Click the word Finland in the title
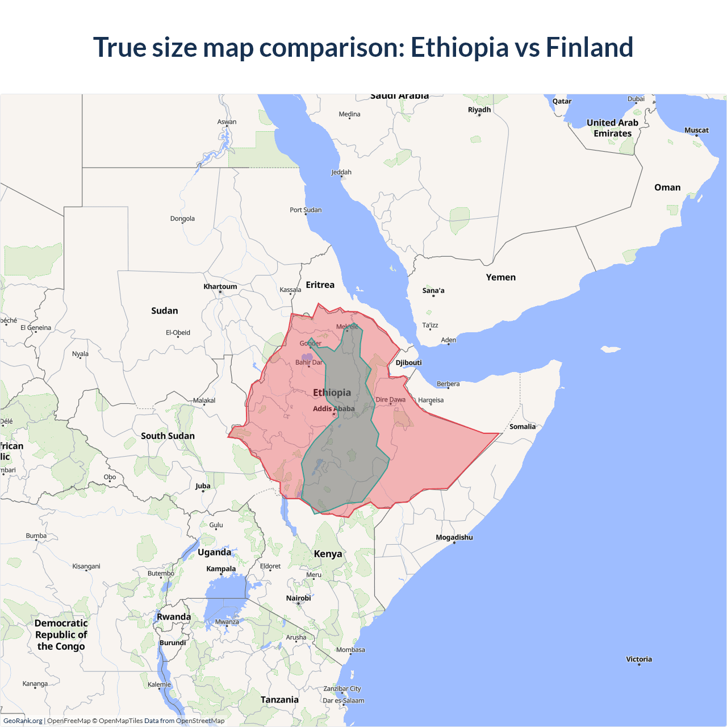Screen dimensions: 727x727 pyautogui.click(x=589, y=47)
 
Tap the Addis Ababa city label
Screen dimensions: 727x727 pyautogui.click(x=333, y=408)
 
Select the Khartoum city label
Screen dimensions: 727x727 pyautogui.click(x=220, y=286)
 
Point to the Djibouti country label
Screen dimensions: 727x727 pyautogui.click(x=408, y=362)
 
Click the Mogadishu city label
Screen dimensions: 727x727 pyautogui.click(x=454, y=537)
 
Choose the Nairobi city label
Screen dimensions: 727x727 pyautogui.click(x=298, y=598)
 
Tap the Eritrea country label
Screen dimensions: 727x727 pyautogui.click(x=320, y=285)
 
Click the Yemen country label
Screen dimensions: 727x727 pyautogui.click(x=500, y=277)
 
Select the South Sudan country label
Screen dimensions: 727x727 pyautogui.click(x=168, y=436)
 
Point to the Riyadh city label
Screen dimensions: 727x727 pyautogui.click(x=479, y=110)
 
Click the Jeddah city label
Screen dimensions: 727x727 pyautogui.click(x=341, y=172)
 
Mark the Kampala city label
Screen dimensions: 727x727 pyautogui.click(x=221, y=569)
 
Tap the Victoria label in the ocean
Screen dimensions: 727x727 pyautogui.click(x=638, y=659)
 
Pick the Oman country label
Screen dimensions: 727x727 pyautogui.click(x=667, y=187)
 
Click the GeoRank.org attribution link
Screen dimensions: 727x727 pyautogui.click(x=23, y=721)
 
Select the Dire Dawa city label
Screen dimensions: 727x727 pyautogui.click(x=391, y=399)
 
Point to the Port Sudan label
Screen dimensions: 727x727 pyautogui.click(x=306, y=210)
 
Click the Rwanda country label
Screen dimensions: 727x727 pyautogui.click(x=174, y=617)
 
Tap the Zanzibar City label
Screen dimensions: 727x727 pyautogui.click(x=342, y=688)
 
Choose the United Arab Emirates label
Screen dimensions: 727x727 pyautogui.click(x=612, y=128)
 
